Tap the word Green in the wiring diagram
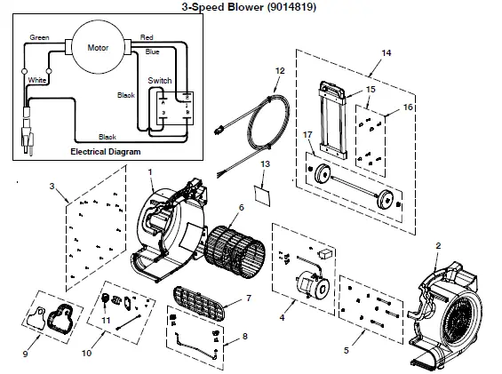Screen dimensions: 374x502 (x=39, y=38)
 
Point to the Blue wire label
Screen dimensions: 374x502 (x=153, y=53)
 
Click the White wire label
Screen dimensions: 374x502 (x=37, y=80)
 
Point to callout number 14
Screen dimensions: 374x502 (x=386, y=54)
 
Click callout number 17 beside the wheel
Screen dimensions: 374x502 (x=307, y=134)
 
